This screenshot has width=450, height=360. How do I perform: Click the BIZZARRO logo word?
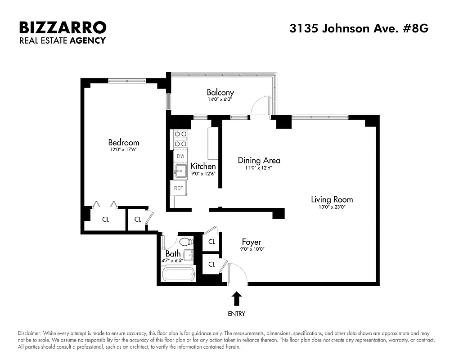tap(63, 27)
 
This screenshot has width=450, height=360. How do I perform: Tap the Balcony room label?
tap(220, 93)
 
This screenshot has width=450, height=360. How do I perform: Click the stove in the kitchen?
tap(180, 139)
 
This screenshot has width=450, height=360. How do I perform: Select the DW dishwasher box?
tap(180, 156)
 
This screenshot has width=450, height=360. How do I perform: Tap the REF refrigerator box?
tap(178, 188)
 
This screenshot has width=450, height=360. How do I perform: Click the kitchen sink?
tap(180, 171)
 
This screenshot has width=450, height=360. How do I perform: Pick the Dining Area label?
tap(259, 160)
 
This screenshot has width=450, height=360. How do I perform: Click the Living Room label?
tap(332, 199)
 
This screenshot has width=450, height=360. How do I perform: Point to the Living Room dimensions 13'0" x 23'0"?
tap(332, 207)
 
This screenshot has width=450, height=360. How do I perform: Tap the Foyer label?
tap(251, 242)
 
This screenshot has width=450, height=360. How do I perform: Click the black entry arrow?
tap(236, 299)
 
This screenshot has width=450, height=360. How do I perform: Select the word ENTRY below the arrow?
tap(236, 314)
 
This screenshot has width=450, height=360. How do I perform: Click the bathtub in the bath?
tap(179, 274)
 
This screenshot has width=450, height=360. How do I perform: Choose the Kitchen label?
tap(203, 166)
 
